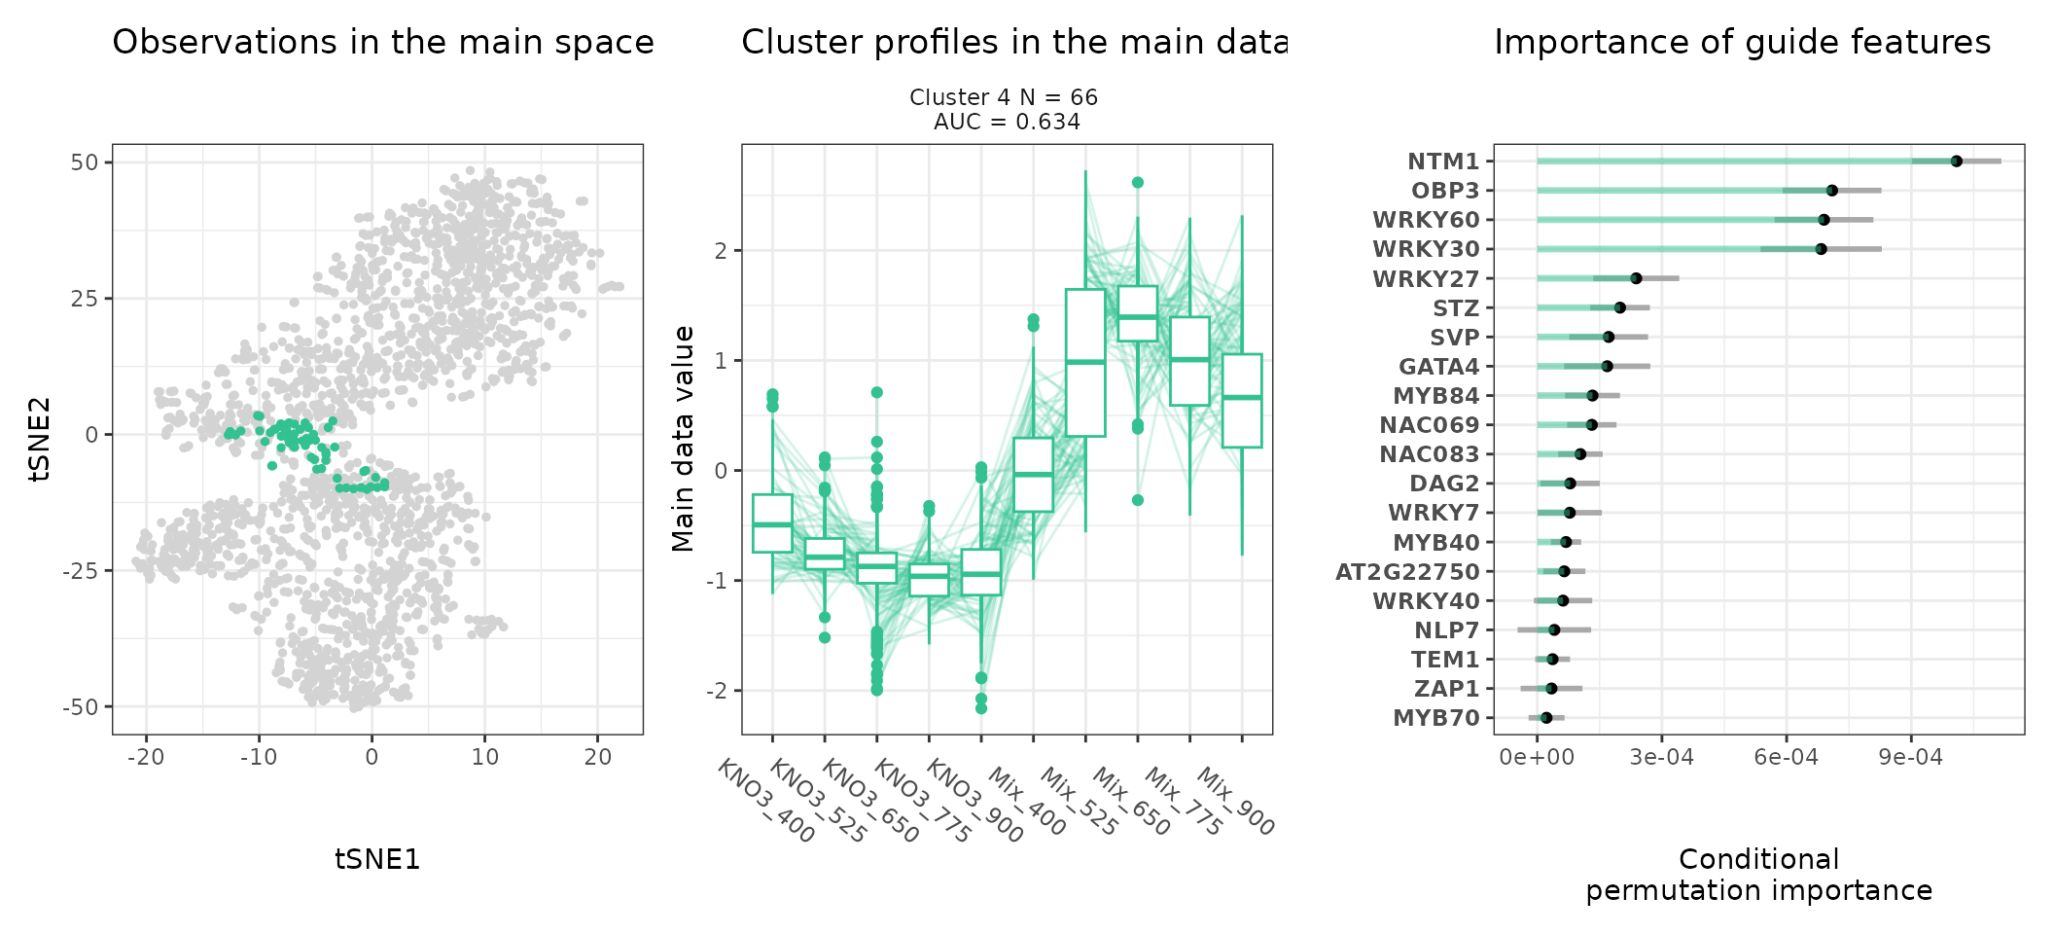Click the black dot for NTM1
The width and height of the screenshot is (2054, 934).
click(x=1956, y=162)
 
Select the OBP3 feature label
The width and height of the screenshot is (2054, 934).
click(x=1445, y=191)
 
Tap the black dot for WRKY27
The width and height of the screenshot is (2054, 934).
click(x=1636, y=278)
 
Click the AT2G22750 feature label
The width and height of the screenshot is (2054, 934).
click(x=1407, y=572)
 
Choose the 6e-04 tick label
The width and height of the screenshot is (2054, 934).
click(x=1786, y=757)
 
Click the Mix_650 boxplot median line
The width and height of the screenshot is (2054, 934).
click(x=1137, y=317)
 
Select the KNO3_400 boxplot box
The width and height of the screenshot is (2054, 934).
click(x=772, y=523)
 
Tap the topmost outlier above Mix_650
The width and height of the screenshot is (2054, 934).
click(x=1137, y=183)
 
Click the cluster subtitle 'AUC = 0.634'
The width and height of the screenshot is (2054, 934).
click(x=1007, y=123)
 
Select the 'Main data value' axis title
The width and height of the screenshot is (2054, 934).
click(x=684, y=439)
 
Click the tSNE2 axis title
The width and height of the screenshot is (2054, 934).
click(x=40, y=439)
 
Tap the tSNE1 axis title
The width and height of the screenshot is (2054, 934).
click(x=377, y=859)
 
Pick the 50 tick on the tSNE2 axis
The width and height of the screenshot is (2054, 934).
click(x=85, y=162)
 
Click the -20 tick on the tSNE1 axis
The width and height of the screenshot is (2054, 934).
click(x=146, y=757)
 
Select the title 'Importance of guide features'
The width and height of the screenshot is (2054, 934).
click(x=1742, y=43)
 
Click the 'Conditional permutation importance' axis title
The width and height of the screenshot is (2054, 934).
click(x=1758, y=875)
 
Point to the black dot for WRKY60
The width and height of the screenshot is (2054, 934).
click(x=1824, y=220)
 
